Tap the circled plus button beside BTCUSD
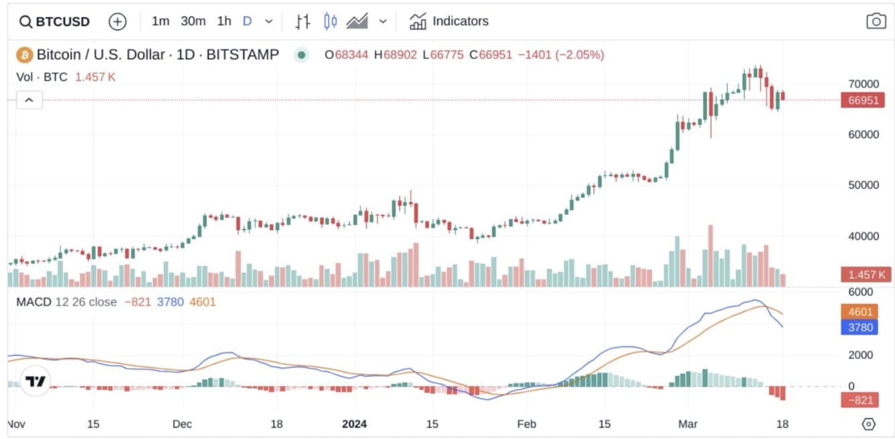pos(117,21)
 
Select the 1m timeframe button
pos(160,21)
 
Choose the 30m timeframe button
pos(193,21)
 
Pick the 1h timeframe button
pos(224,21)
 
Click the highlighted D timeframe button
pos(247,21)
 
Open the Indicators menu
pos(449,21)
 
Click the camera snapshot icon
pos(876,21)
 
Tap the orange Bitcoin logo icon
pos(25,54)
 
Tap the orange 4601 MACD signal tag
pos(860,312)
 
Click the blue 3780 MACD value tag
pos(860,328)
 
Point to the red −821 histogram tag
pos(860,401)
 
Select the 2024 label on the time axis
pos(354,424)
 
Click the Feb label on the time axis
pos(526,424)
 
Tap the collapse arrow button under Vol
pos(30,101)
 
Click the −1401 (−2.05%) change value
pos(561,55)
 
